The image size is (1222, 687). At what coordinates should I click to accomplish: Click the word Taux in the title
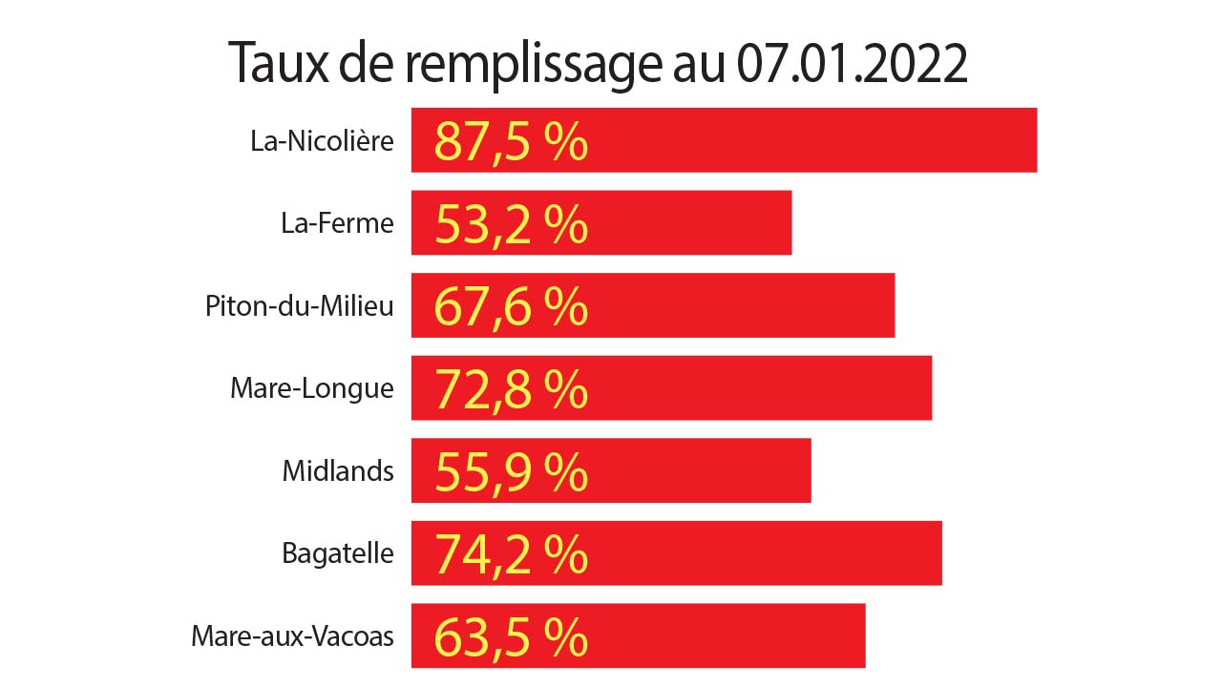[275, 64]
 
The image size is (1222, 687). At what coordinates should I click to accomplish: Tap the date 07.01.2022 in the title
[852, 64]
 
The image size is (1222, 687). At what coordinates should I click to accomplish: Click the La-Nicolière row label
[322, 141]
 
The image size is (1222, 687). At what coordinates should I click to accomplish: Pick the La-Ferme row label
[337, 223]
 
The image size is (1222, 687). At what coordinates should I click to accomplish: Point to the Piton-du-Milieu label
[299, 306]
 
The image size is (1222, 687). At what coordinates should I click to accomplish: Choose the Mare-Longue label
[311, 388]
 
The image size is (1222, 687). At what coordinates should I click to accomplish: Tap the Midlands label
[338, 470]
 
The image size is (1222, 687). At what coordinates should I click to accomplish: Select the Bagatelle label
[338, 553]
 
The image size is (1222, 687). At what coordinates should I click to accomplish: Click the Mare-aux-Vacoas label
[292, 636]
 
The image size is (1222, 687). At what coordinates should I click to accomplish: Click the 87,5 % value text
[511, 141]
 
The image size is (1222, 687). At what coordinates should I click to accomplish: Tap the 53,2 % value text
[511, 224]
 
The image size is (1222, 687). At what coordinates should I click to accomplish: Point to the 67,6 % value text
[511, 306]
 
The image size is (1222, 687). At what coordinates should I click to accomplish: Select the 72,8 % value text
[511, 389]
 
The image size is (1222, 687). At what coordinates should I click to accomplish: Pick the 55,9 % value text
[511, 471]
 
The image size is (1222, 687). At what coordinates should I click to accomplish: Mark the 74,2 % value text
[511, 554]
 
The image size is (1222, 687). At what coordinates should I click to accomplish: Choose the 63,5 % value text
[511, 637]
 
